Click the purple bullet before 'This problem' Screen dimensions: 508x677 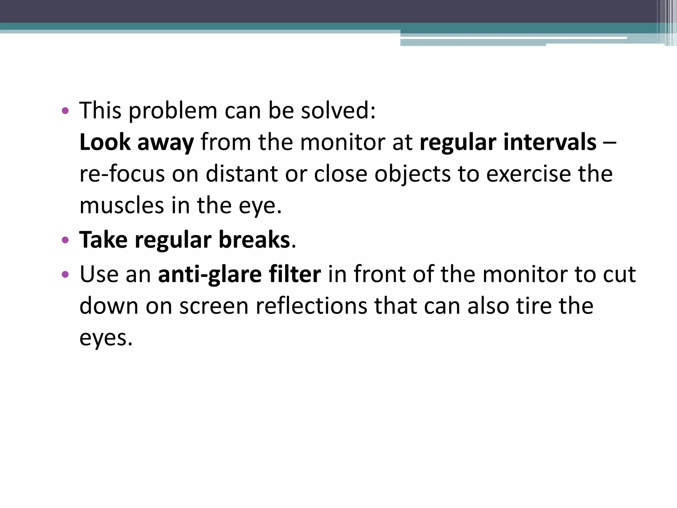coord(65,111)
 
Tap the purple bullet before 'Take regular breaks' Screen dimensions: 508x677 coord(65,240)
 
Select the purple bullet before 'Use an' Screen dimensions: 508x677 coord(65,274)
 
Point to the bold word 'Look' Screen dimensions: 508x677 coord(105,142)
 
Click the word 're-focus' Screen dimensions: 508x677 coord(122,174)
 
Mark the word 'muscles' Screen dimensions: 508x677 coord(122,205)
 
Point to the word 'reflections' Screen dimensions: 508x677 coord(311,306)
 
